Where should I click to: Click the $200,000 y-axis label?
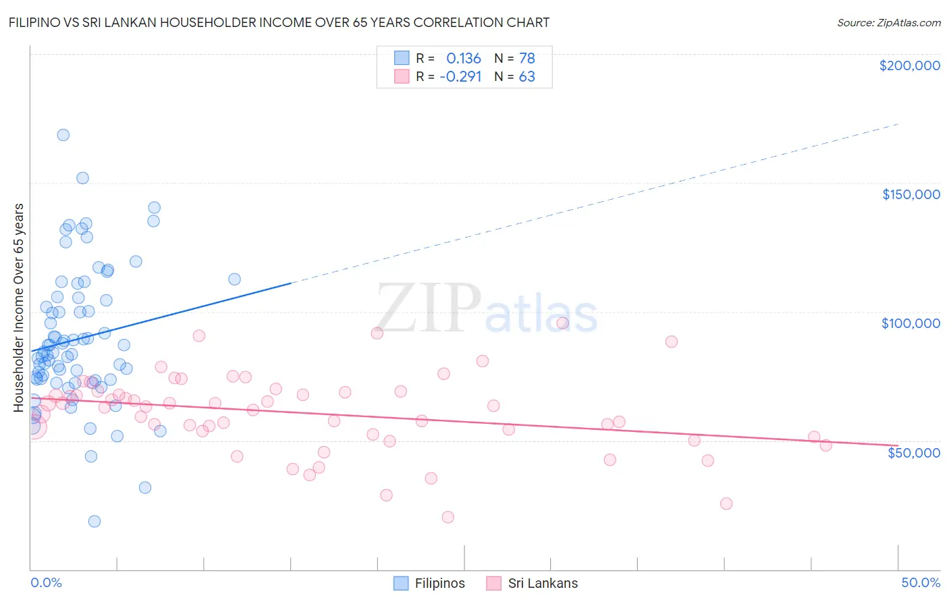[909, 65]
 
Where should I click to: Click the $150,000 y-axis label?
[911, 194]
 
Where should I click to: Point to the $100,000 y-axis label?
[911, 323]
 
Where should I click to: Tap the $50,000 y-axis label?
[913, 453]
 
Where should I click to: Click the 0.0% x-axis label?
[46, 582]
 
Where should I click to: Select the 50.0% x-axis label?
[921, 582]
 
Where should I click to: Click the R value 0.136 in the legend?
[464, 58]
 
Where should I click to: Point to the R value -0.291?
[460, 77]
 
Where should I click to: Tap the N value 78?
[526, 58]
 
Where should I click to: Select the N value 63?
[526, 77]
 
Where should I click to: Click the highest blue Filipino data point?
[63, 134]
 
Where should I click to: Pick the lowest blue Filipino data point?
[94, 521]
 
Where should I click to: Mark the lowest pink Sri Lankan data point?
[448, 517]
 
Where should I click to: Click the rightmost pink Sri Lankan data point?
[825, 445]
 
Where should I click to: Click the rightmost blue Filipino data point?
[234, 279]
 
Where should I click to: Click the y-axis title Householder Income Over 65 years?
[19, 307]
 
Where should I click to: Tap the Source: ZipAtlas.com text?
[888, 23]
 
